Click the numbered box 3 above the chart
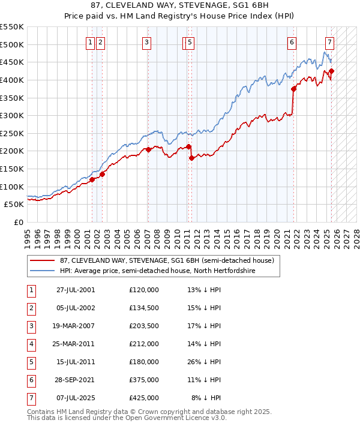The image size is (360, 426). pos(147,42)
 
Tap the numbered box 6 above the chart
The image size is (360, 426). pos(291,42)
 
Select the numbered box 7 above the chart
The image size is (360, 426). pos(330,42)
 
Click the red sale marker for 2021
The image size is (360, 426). pos(294,89)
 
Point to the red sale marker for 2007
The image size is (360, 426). pos(149,149)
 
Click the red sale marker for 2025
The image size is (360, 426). pos(331,71)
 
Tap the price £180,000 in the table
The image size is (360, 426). pos(144,362)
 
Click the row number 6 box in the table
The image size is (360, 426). pos(31,379)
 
